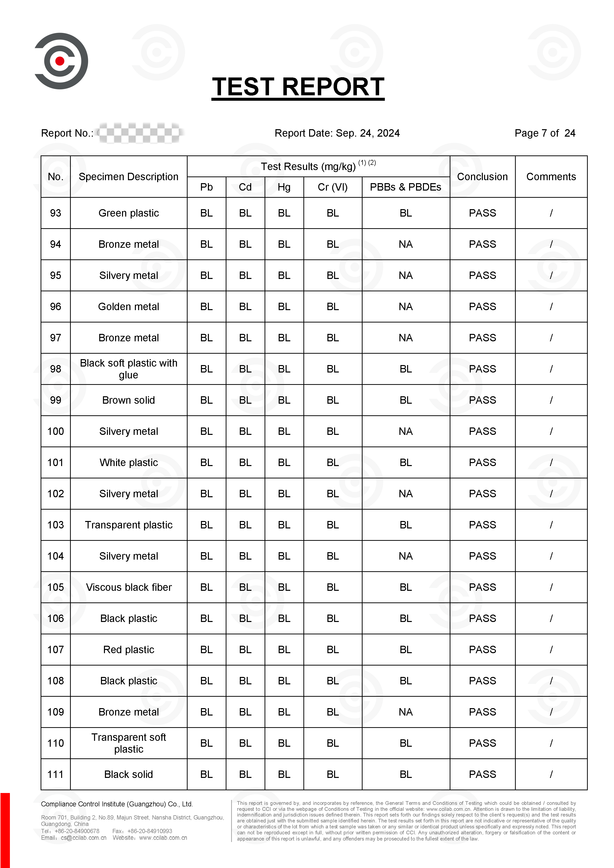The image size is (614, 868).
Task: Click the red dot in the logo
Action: point(60,61)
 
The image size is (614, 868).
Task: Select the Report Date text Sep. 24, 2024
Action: point(368,133)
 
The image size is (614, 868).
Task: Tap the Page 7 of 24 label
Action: point(544,133)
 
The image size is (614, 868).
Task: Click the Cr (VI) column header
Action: point(332,187)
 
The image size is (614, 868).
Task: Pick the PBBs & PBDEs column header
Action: point(405,187)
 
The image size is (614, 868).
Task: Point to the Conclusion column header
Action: point(482,176)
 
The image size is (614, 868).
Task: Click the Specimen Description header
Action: point(128,176)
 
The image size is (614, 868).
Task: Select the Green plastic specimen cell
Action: point(128,213)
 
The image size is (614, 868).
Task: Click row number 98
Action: point(56,369)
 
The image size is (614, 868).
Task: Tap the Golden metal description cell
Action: point(128,307)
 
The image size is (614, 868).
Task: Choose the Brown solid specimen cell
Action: point(128,400)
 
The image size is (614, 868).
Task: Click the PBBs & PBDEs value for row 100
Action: point(405,431)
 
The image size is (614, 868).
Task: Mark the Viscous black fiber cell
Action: point(128,587)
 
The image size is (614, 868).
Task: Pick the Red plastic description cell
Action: point(128,649)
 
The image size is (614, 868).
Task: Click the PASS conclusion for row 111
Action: point(482,774)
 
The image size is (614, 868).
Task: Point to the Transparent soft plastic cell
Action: point(128,743)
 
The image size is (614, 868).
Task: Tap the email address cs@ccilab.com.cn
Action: point(84,838)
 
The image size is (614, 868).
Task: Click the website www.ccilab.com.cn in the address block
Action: point(163,838)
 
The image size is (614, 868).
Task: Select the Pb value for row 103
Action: point(206,525)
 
